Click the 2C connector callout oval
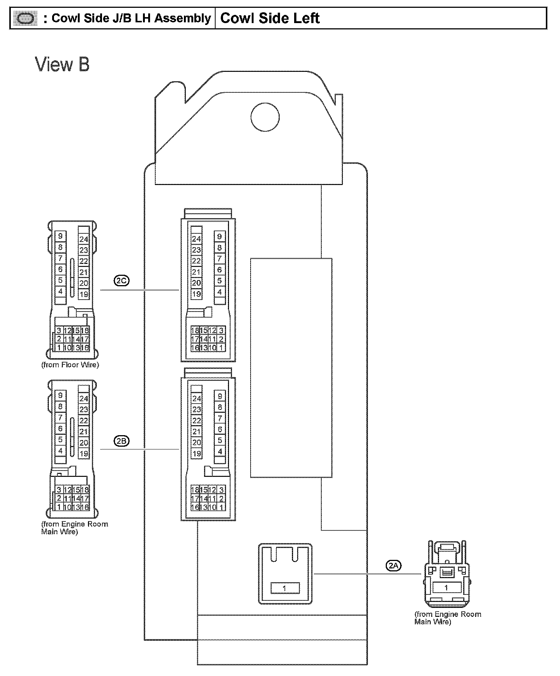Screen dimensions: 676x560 pos(121,281)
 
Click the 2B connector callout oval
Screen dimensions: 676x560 pos(121,441)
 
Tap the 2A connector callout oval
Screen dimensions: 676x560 pos(394,566)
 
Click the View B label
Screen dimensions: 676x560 pos(63,64)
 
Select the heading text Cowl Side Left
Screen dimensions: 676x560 pos(270,18)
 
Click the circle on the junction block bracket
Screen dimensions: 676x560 pos(265,117)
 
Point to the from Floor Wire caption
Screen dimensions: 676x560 pos(70,365)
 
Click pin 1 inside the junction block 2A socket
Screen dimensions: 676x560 pos(285,588)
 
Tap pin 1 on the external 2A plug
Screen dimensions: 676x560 pos(446,588)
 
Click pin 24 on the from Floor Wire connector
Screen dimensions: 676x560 pos(84,239)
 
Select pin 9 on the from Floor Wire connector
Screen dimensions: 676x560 pos(60,236)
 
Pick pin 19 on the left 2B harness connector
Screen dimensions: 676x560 pos(84,453)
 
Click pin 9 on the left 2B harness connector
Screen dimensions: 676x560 pos(60,395)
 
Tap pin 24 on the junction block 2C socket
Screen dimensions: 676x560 pos(196,239)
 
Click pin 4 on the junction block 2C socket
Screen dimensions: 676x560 pos(220,292)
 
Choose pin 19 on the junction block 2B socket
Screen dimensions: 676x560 pos(197,453)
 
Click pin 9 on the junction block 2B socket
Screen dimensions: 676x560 pos(220,396)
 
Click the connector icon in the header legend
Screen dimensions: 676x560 pos(25,18)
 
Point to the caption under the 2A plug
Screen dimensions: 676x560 pos(448,618)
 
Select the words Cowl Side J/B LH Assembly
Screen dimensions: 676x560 pos(131,18)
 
